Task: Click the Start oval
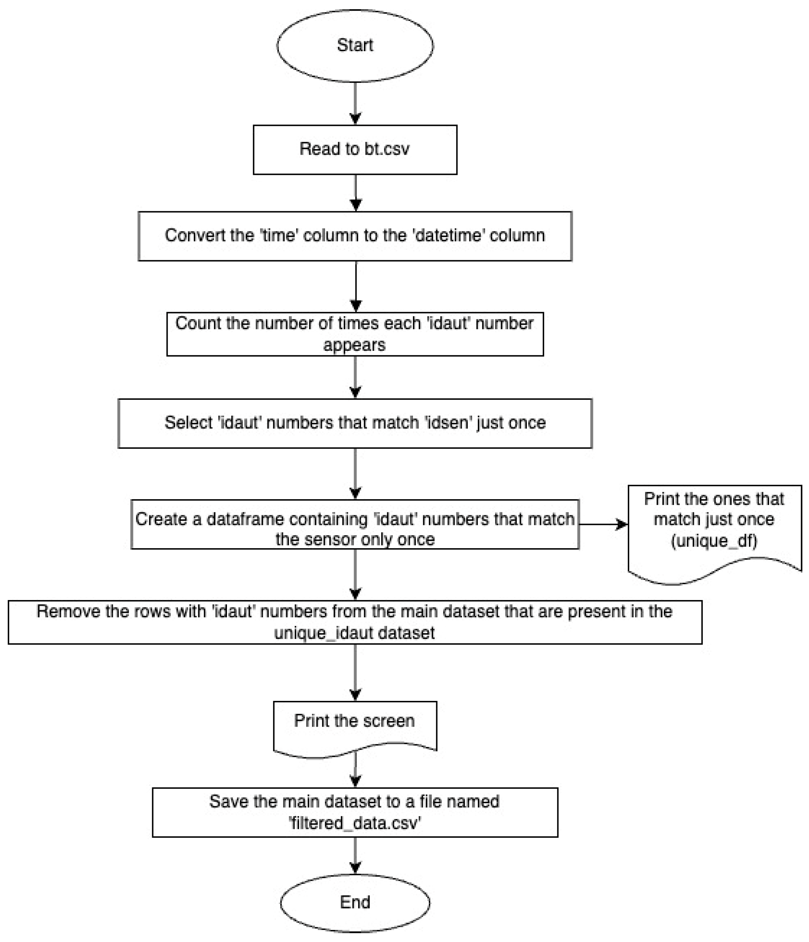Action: pyautogui.click(x=354, y=46)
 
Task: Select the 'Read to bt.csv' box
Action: pyautogui.click(x=354, y=149)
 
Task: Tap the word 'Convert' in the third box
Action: pyautogui.click(x=186, y=236)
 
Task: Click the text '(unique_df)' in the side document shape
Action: pyautogui.click(x=714, y=540)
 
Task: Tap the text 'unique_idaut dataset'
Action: pyautogui.click(x=354, y=633)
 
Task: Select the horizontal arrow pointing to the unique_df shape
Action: pyautogui.click(x=603, y=524)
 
